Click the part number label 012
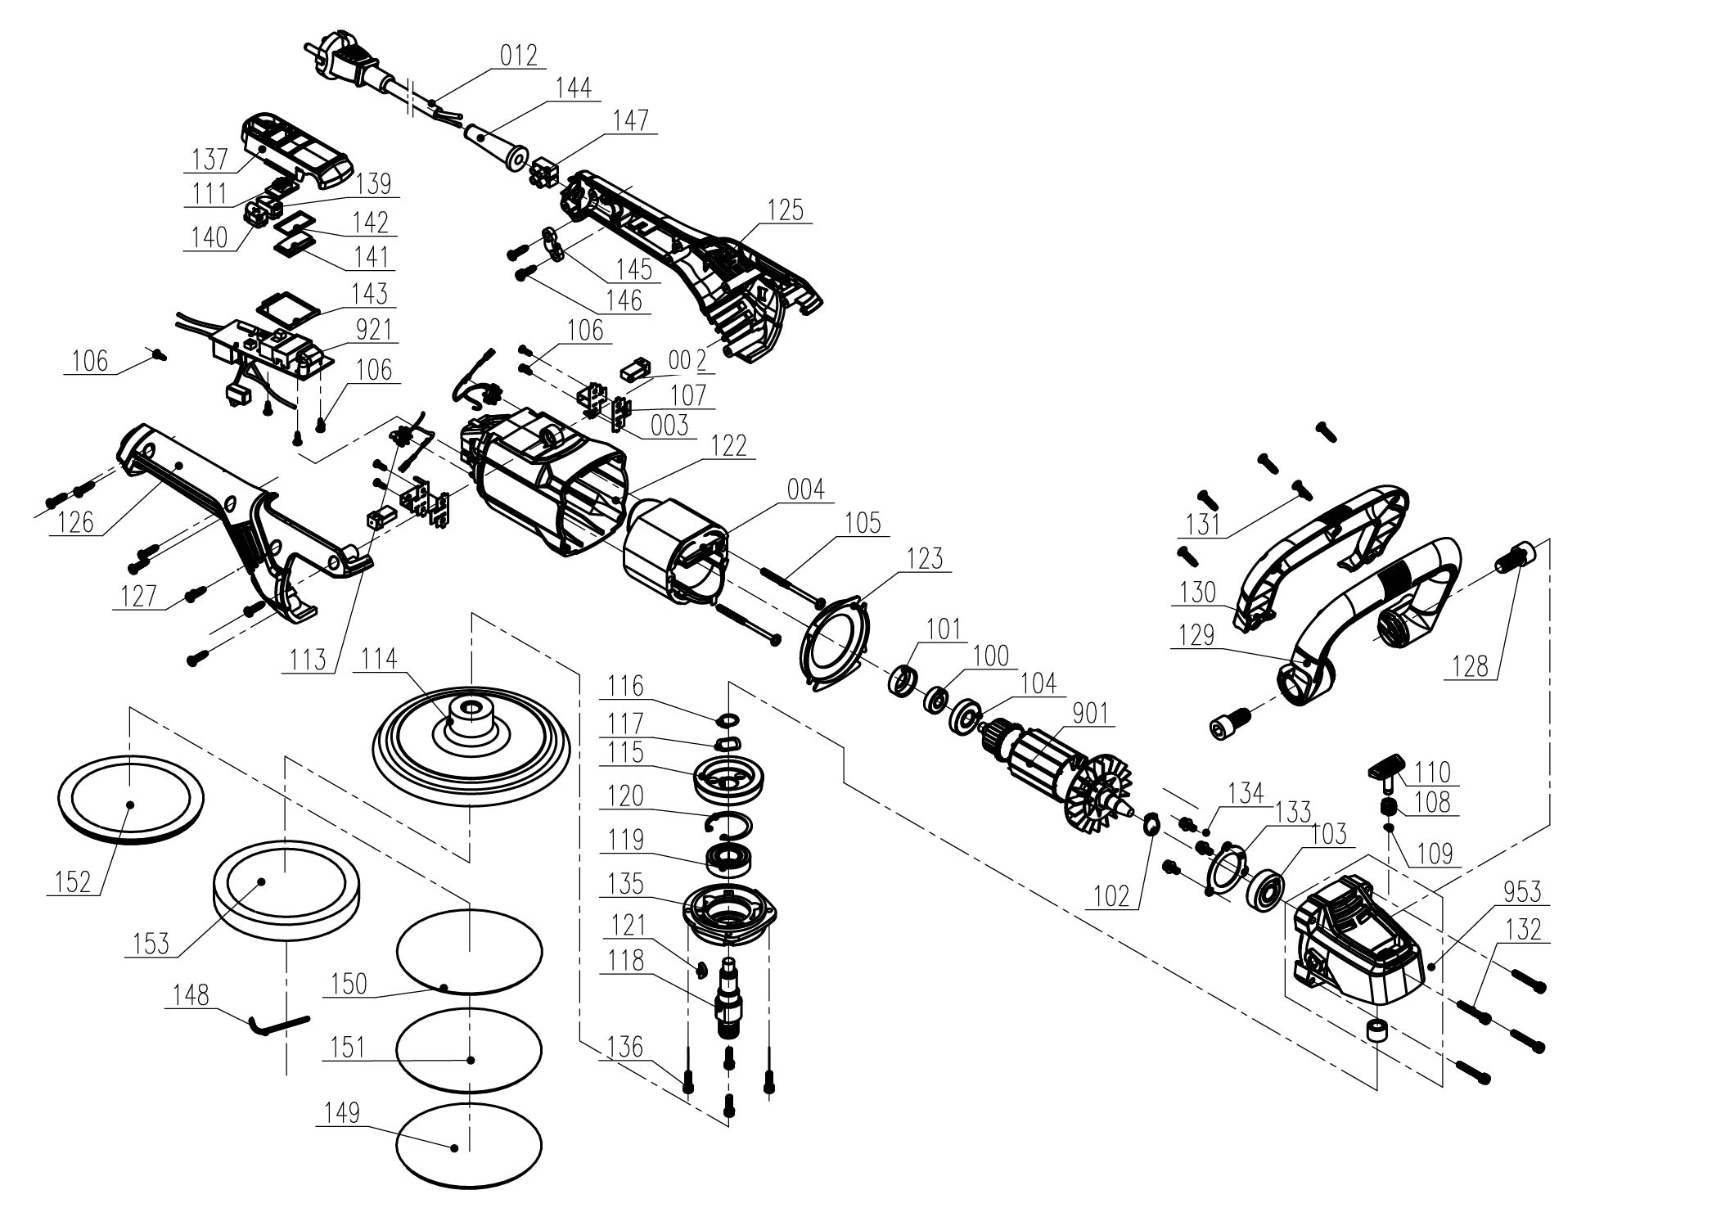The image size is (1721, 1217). click(x=518, y=55)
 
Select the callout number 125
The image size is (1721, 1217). click(x=785, y=210)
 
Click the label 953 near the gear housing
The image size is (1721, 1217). click(x=1522, y=891)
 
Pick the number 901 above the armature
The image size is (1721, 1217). click(x=1090, y=714)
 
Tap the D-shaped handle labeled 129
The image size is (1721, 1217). click(x=1375, y=606)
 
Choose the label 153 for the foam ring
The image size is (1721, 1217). click(x=151, y=943)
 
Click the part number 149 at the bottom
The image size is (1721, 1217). click(x=342, y=1113)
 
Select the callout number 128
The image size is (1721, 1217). click(x=1470, y=667)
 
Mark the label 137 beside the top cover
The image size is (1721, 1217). click(x=210, y=158)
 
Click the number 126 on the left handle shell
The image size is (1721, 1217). click(x=77, y=521)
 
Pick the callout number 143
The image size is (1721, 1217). click(x=369, y=293)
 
